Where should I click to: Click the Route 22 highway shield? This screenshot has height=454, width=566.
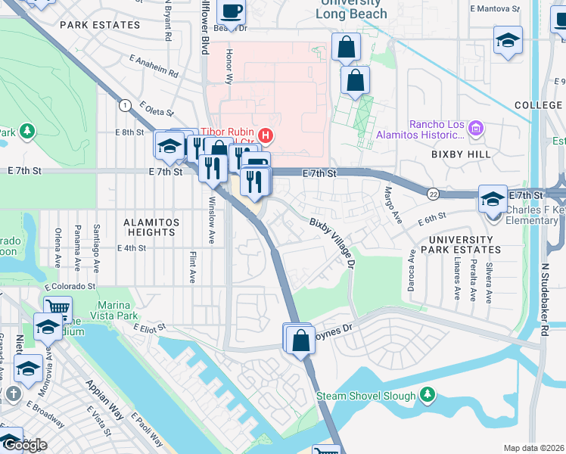tap(433, 193)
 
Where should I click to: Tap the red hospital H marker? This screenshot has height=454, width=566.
tap(266, 136)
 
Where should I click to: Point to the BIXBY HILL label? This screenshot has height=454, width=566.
tap(461, 154)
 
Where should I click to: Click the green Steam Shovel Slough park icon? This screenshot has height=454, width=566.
tap(428, 395)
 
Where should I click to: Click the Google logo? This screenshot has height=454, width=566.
tap(25, 445)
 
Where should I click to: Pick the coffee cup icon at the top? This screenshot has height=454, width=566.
tap(232, 11)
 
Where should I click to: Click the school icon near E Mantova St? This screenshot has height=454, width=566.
tap(508, 42)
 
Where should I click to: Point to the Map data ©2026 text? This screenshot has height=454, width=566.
tap(533, 448)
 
